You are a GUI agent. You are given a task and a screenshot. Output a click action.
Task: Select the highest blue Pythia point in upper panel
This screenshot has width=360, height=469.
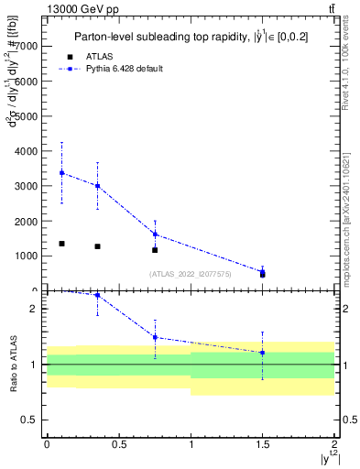pos(61,172)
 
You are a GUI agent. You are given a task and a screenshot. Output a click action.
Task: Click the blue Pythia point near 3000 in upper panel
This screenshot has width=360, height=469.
pos(97,186)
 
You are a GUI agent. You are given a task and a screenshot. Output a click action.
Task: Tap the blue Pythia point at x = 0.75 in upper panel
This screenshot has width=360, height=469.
pos(155,234)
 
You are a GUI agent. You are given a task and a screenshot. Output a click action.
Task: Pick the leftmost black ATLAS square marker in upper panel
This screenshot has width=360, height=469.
pos(61,244)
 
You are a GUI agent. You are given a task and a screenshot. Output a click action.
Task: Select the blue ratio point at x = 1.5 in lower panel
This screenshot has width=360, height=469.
pos(263,353)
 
